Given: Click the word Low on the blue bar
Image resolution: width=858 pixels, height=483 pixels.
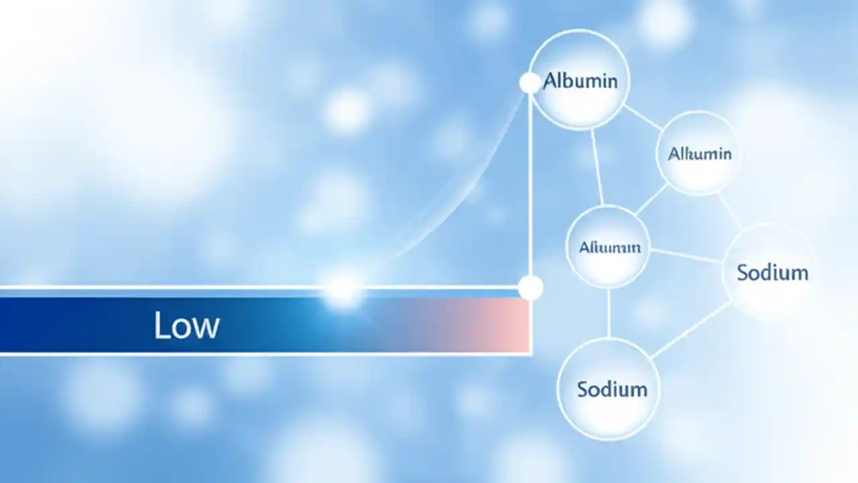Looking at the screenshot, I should click(186, 325).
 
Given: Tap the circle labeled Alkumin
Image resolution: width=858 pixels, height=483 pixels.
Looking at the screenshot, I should click(698, 153).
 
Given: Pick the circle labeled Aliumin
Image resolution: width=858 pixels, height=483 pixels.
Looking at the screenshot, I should click(609, 247).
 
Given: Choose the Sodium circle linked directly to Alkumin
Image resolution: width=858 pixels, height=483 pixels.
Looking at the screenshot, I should click(771, 272).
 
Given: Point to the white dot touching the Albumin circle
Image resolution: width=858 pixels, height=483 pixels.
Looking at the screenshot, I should click(530, 83).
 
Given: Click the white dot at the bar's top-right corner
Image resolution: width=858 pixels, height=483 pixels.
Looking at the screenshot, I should click(530, 288).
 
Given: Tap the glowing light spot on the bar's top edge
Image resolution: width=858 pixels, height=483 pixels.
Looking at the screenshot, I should click(343, 288).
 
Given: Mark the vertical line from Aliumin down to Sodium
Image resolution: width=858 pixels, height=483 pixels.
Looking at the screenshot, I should click(609, 313).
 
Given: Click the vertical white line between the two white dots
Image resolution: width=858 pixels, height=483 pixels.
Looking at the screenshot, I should click(530, 188).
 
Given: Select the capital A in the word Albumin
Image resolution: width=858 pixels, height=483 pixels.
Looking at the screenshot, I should click(549, 81).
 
